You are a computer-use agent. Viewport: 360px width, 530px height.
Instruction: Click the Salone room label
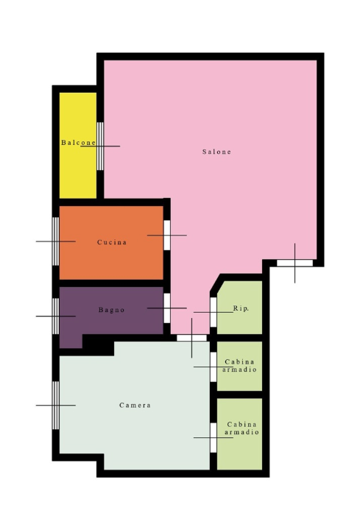[x=216, y=152]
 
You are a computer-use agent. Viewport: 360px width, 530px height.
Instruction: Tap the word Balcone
[x=79, y=143]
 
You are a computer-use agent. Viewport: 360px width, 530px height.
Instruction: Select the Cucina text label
[x=112, y=242]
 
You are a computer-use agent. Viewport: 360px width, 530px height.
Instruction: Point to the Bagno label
[x=112, y=310]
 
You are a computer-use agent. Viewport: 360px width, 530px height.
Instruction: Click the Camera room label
[x=135, y=405]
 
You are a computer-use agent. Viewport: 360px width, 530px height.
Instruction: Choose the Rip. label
[x=241, y=308]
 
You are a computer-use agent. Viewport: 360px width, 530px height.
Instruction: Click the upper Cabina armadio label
[x=239, y=366]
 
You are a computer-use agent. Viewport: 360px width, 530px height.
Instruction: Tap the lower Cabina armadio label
[x=241, y=428]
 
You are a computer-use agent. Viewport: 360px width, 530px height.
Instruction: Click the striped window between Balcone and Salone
[x=100, y=146]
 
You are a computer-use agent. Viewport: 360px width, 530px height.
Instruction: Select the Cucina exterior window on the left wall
[x=55, y=241]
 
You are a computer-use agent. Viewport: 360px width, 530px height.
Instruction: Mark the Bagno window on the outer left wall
[x=55, y=316]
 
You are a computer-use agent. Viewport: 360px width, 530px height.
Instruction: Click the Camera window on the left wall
[x=55, y=406]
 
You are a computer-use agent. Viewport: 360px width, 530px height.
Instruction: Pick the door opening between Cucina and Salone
[x=166, y=236]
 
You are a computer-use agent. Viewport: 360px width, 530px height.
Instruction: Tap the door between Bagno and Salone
[x=166, y=308]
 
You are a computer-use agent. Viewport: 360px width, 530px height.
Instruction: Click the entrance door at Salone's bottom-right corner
[x=294, y=263]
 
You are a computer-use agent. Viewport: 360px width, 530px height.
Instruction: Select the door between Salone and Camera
[x=191, y=338]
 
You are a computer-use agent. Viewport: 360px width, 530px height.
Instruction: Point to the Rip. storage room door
[x=213, y=312]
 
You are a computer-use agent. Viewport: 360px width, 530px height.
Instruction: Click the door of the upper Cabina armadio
[x=213, y=367]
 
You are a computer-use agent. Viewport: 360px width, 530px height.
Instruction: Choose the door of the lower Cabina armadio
[x=213, y=438]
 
